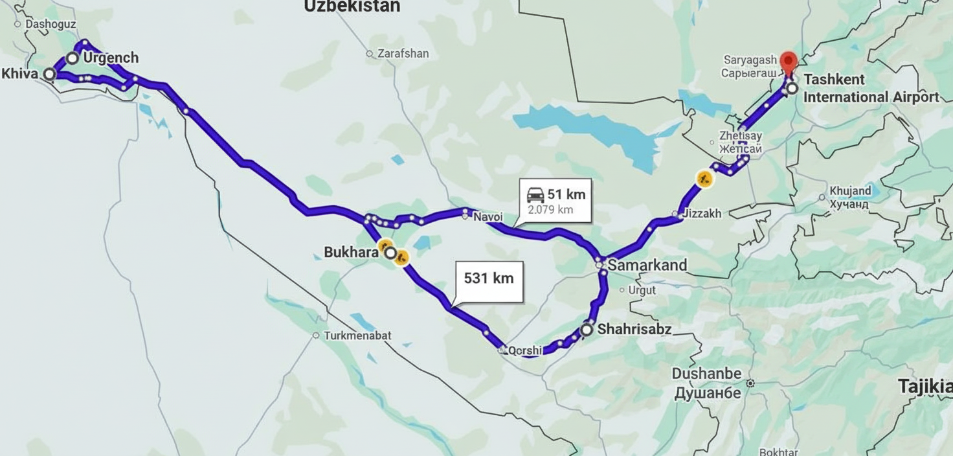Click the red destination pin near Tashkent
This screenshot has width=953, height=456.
pos(788,62)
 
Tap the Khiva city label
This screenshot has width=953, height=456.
pos(20,74)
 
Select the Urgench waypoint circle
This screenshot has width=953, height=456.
pos(73,58)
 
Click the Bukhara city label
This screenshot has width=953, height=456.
pos(351,253)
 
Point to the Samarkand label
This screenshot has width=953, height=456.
pos(647,265)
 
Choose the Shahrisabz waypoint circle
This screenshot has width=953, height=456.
pos(587,330)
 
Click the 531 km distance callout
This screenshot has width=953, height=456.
pos(489,279)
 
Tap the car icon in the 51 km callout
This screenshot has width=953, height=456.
pos(535,194)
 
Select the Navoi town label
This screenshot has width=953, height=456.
pos(488,217)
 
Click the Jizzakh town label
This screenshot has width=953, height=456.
pos(701,214)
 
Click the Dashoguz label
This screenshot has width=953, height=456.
pos(50,25)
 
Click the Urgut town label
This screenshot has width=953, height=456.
pos(642,290)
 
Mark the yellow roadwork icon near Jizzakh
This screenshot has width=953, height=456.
pos(704,178)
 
